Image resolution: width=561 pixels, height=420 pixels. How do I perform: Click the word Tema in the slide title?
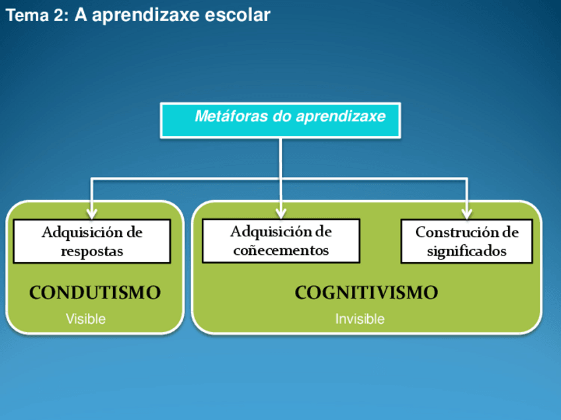click(27, 15)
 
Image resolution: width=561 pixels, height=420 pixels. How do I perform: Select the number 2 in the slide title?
click(60, 15)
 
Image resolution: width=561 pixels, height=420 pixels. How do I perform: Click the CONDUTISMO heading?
click(95, 293)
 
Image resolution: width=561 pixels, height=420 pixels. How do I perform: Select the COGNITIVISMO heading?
click(367, 293)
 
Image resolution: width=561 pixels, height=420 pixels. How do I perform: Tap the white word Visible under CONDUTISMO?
click(86, 319)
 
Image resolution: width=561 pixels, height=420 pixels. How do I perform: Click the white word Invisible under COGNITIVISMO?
click(360, 319)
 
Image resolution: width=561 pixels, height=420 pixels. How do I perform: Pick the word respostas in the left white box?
click(92, 252)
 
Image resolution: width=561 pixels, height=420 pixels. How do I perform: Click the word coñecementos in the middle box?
click(281, 251)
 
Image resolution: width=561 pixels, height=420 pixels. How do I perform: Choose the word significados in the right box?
click(466, 252)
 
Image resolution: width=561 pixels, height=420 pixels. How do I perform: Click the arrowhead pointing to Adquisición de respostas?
click(92, 213)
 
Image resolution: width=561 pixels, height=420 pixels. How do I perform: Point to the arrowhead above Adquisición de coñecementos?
click(281, 213)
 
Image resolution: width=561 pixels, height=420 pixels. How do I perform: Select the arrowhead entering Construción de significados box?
click(466, 213)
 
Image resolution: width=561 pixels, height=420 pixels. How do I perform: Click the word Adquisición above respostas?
click(82, 233)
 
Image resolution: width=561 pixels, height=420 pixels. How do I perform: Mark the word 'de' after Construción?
click(510, 232)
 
